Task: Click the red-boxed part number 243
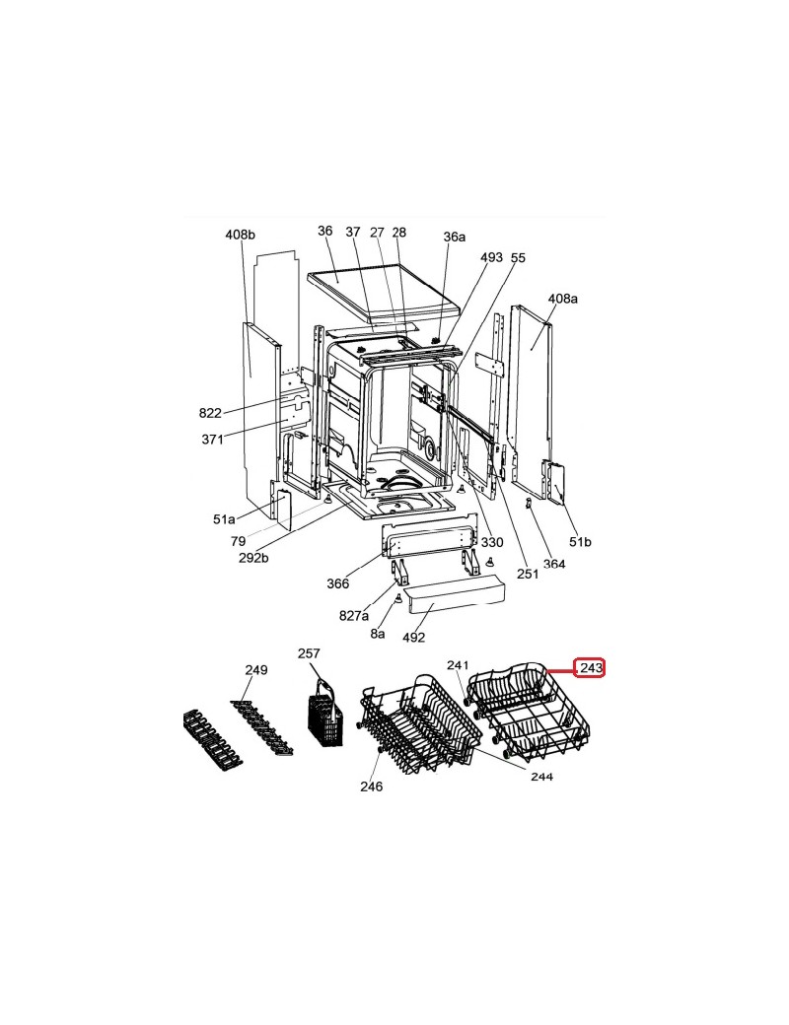pos(590,668)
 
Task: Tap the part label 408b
pos(240,234)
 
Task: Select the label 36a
pos(454,237)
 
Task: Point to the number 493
pos(491,257)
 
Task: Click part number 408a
pos(562,299)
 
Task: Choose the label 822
pos(210,413)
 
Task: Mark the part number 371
pos(212,440)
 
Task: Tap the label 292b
pos(253,558)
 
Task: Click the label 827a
pos(354,615)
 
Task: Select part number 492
pos(413,637)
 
